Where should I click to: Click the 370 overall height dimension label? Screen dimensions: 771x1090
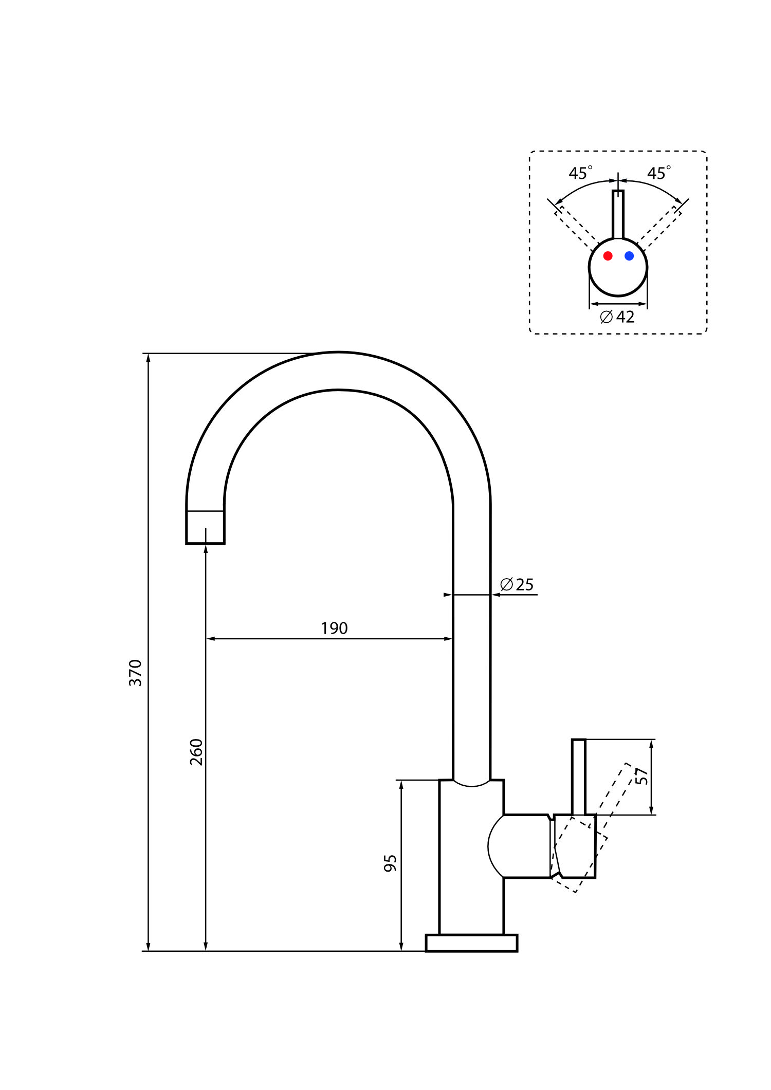[135, 673]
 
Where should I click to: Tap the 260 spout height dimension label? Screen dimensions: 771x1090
[196, 752]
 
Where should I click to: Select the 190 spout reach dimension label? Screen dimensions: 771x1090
[334, 628]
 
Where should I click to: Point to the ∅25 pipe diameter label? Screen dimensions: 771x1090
[517, 584]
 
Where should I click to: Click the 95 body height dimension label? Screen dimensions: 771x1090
[390, 863]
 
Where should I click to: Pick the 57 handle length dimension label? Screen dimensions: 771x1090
[641, 776]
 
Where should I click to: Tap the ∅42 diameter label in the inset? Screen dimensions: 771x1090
[617, 317]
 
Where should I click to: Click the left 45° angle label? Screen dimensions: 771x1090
[580, 173]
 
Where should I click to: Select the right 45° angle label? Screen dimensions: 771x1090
[659, 173]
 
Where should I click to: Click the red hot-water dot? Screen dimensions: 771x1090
[608, 255]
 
